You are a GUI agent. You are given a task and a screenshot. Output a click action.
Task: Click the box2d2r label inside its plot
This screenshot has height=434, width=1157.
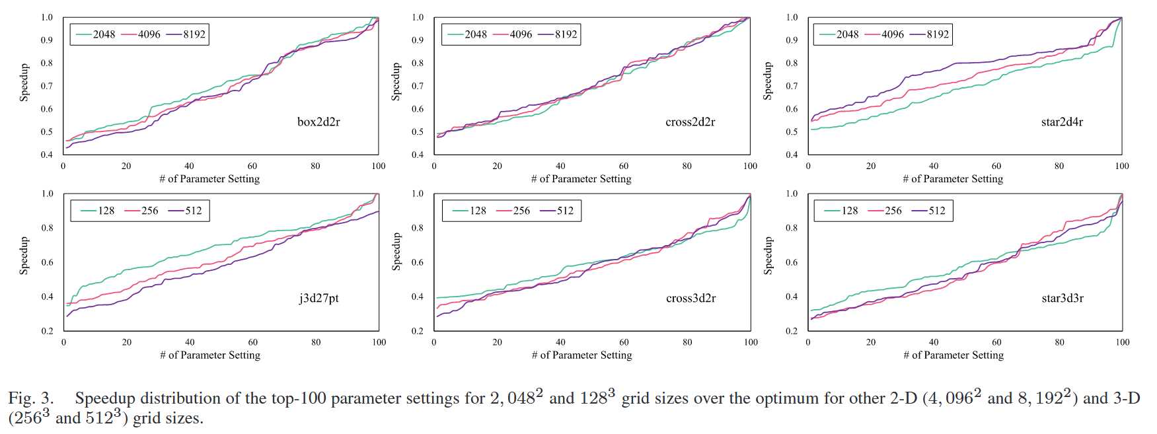pyautogui.click(x=318, y=122)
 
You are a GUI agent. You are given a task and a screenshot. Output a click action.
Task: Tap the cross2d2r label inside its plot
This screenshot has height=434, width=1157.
pyautogui.click(x=690, y=122)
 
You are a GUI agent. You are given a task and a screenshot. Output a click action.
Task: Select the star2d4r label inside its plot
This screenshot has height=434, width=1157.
pyautogui.click(x=1062, y=122)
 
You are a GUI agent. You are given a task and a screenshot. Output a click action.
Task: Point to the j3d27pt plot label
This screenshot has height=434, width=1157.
pyautogui.click(x=318, y=298)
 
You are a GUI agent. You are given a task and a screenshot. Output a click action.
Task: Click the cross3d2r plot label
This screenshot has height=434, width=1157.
pyautogui.click(x=690, y=298)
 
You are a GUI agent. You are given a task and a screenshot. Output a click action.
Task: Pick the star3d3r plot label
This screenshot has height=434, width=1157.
pyautogui.click(x=1063, y=298)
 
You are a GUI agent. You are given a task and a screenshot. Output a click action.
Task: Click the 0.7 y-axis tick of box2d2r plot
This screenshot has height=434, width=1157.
pyautogui.click(x=46, y=86)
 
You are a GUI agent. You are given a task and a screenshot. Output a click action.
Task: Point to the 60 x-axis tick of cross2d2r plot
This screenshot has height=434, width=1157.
pyautogui.click(x=624, y=166)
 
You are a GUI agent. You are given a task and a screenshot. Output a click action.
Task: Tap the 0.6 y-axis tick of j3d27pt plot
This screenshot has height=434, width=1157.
pyautogui.click(x=47, y=262)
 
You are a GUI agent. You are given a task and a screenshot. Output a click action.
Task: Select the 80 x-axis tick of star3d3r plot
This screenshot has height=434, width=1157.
pyautogui.click(x=1059, y=342)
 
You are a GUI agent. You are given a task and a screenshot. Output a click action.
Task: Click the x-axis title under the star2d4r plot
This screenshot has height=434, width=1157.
pyautogui.click(x=953, y=179)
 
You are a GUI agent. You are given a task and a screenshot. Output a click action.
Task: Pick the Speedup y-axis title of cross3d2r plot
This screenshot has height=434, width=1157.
pyautogui.click(x=396, y=251)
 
